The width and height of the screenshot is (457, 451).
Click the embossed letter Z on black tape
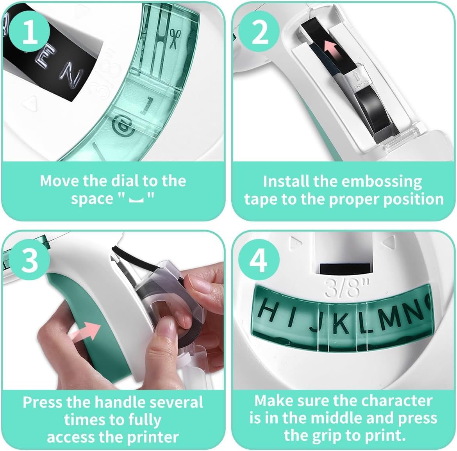pos(71,78)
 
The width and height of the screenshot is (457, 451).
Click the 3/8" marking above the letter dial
pos(347,288)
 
